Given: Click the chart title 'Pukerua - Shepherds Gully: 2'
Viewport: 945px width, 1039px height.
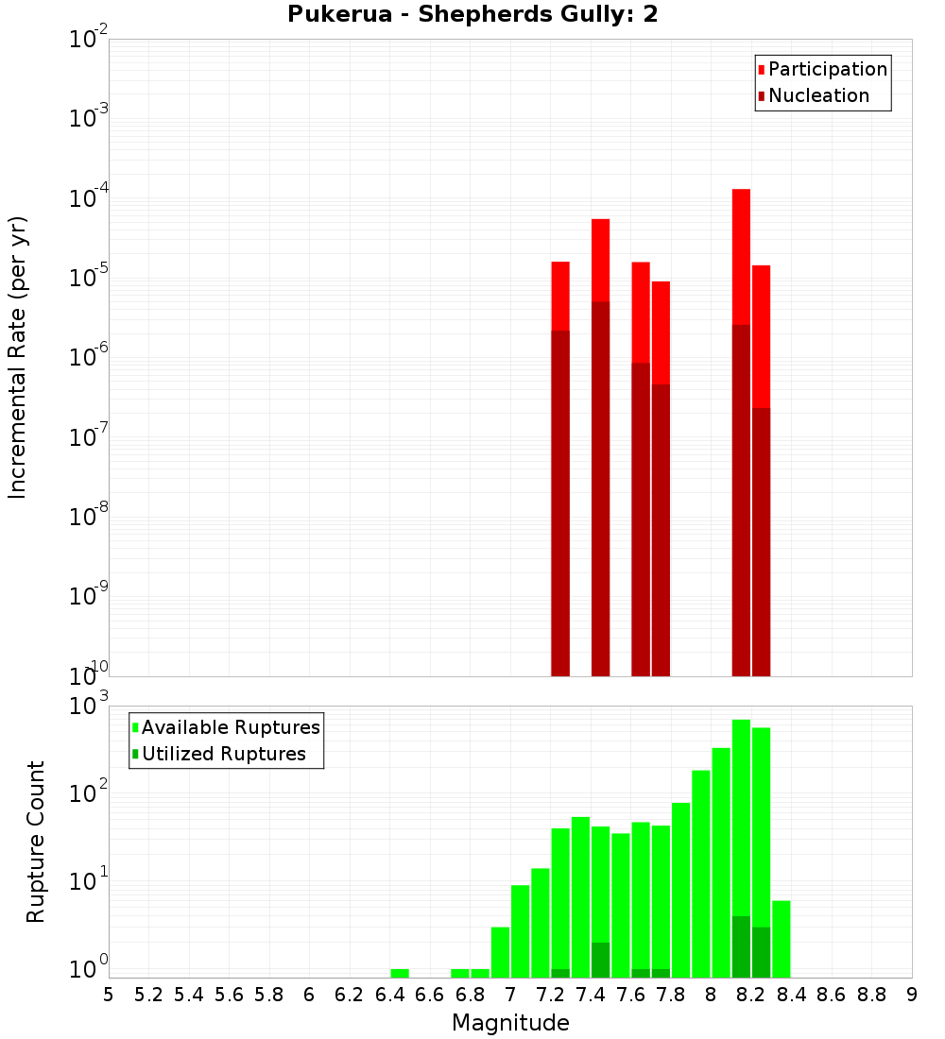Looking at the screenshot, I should click(472, 14).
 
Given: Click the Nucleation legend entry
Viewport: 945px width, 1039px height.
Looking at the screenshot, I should click(818, 95).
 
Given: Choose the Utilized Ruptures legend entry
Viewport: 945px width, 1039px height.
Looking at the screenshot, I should click(223, 754).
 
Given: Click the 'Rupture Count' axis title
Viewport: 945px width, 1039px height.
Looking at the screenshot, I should click(36, 842).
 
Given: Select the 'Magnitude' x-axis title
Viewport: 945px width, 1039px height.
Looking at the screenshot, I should click(510, 1023).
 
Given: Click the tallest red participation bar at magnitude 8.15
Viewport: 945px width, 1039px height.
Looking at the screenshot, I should click(741, 255).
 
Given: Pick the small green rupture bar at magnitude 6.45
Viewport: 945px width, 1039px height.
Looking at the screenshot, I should click(400, 973).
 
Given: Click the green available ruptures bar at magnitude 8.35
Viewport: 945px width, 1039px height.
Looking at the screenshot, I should click(782, 939).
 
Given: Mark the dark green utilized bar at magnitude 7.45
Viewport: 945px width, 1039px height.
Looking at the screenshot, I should click(600, 960).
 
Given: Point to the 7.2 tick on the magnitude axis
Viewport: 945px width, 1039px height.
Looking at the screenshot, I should click(550, 995).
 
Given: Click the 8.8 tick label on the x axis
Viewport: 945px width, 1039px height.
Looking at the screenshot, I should click(871, 995).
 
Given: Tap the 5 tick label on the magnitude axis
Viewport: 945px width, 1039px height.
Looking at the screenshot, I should click(109, 995).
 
